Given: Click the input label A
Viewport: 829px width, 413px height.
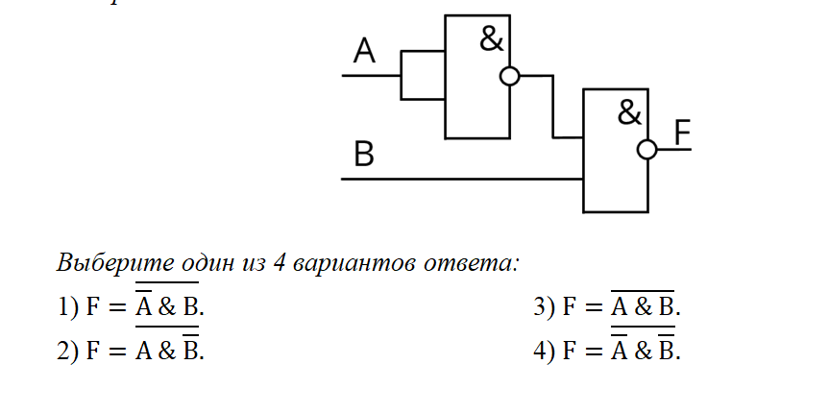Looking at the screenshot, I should pos(364,50).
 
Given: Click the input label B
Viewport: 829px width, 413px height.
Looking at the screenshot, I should pos(364,155).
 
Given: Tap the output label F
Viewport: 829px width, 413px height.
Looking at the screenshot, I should pos(682,133).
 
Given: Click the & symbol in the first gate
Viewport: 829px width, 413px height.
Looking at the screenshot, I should pos(491,39).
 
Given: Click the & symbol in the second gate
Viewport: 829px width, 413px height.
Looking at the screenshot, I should pos(629,113).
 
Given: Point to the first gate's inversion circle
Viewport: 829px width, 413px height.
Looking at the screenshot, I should pos(510,76).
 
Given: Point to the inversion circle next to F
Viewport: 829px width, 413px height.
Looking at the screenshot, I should pos(647,149).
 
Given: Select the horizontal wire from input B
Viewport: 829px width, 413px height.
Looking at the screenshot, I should pos(461,179).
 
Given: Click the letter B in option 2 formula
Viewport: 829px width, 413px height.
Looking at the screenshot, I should pos(191,351).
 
